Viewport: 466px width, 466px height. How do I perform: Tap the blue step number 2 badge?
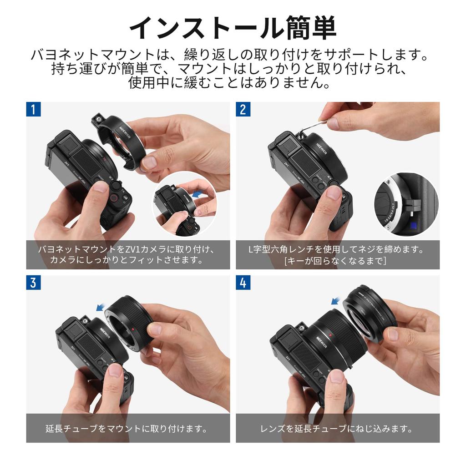tap(243, 109)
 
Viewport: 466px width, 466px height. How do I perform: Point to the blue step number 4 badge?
tap(243, 282)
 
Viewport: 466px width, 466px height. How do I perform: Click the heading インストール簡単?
tap(233, 28)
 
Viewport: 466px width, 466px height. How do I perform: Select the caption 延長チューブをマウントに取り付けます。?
tap(127, 428)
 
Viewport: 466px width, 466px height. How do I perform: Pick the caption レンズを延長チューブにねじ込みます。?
tap(337, 428)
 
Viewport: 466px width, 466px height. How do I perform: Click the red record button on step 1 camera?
tap(113, 198)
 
